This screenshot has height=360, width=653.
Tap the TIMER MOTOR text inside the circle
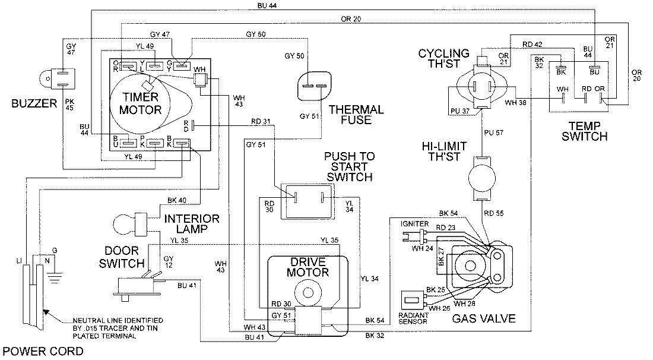click(141, 104)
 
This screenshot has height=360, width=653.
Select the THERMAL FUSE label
click(356, 115)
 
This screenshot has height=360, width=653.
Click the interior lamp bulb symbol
click(122, 224)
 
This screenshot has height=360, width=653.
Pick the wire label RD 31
click(261, 122)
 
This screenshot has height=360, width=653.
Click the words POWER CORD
click(42, 351)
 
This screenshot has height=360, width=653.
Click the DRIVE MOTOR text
click(308, 267)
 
